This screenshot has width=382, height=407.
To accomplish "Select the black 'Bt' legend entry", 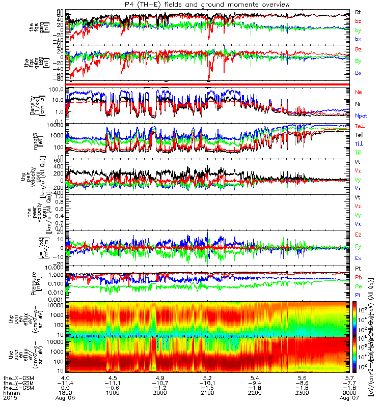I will click(358, 11).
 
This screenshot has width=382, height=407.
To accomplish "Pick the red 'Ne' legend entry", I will click(358, 92).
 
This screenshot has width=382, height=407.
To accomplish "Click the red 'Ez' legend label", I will click(358, 235).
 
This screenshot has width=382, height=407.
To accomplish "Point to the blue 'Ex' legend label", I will click(358, 258).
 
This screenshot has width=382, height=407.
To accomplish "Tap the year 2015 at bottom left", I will click(9, 399).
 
